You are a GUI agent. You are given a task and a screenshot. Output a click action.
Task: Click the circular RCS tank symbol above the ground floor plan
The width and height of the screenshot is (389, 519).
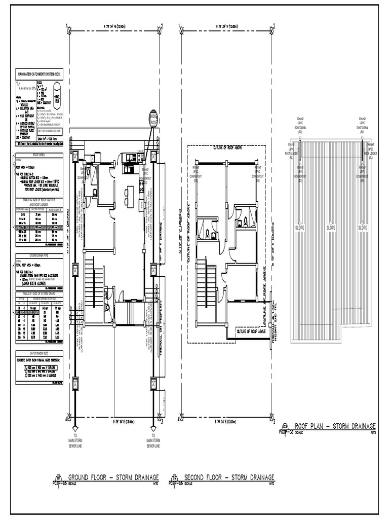click(x=153, y=120)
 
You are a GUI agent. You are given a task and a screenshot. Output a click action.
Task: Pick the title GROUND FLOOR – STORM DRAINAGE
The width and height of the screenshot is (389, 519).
click(x=114, y=477)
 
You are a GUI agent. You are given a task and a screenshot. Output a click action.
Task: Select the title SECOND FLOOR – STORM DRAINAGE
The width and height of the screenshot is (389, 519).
click(x=229, y=477)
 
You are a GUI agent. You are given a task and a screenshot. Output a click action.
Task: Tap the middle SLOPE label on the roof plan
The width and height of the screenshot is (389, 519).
click(x=331, y=228)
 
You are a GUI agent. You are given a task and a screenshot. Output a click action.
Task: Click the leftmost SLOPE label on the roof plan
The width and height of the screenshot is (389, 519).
click(x=300, y=228)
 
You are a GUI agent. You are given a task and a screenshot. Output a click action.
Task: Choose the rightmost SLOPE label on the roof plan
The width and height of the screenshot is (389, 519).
click(x=362, y=228)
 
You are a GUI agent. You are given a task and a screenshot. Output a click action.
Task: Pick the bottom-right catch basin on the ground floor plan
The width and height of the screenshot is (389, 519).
click(x=153, y=384)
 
